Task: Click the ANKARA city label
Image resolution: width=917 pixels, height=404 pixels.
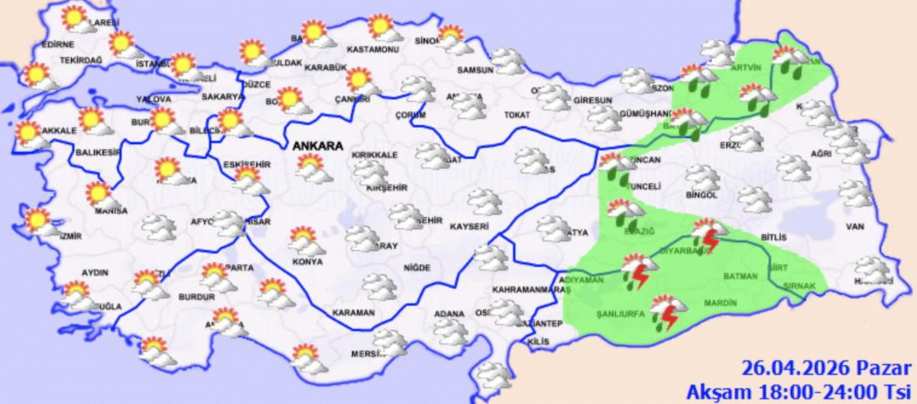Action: coord(310,145)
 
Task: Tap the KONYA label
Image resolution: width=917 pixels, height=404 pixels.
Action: coord(308,262)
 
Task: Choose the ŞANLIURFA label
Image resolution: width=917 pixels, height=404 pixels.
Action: coord(619,314)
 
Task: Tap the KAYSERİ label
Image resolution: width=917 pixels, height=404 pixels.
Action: coord(469,227)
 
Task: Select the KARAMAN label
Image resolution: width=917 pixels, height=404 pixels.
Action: coord(353,313)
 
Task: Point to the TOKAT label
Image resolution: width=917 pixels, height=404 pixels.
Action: coord(517,116)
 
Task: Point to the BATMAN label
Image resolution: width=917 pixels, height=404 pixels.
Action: coord(740,276)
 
